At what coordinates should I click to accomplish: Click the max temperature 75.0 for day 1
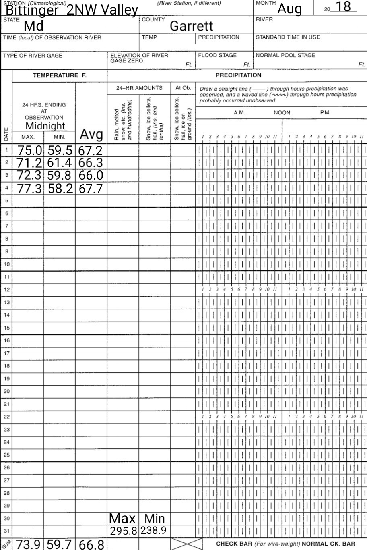(x=29, y=151)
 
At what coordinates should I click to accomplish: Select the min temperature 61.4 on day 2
(x=60, y=163)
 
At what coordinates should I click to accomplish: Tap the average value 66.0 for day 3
(x=91, y=176)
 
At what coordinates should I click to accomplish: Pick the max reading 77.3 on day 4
(x=29, y=188)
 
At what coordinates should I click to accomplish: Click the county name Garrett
(x=191, y=26)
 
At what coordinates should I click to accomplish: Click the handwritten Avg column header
(x=91, y=134)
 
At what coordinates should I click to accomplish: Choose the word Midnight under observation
(x=45, y=126)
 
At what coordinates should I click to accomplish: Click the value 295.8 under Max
(x=124, y=531)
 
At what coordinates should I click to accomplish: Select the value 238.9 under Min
(x=153, y=531)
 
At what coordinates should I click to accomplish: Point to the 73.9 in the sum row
(x=29, y=544)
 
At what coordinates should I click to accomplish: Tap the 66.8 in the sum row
(x=91, y=545)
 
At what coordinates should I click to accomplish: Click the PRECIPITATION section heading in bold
(x=238, y=75)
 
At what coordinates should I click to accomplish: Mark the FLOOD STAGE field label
(x=217, y=55)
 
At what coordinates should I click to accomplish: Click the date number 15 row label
(x=6, y=328)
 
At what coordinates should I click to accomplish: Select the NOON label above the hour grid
(x=282, y=113)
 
